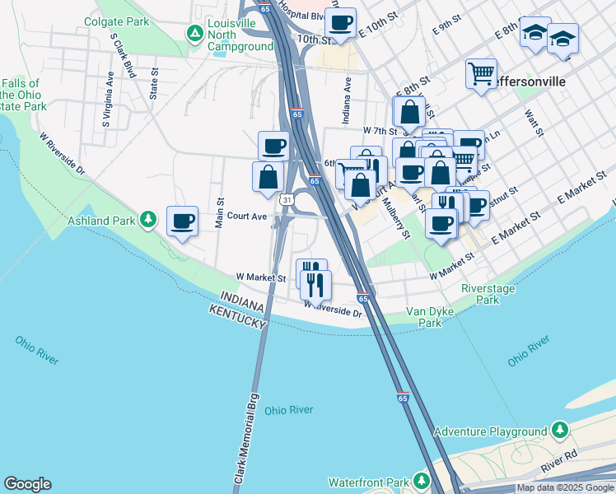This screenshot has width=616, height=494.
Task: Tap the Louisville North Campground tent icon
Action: click(x=194, y=34)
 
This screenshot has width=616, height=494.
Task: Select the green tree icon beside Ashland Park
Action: click(x=147, y=219)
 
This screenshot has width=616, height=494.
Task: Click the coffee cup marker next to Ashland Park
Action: click(x=182, y=221)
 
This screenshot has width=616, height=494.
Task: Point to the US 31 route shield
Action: click(x=285, y=200)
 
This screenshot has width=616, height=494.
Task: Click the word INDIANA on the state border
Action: click(x=241, y=301)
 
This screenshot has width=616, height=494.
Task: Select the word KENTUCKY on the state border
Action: click(x=238, y=315)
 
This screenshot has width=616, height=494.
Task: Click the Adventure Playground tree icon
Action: click(x=560, y=431)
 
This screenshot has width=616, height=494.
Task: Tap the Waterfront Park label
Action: click(x=369, y=482)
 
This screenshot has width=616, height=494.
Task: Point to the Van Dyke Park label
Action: click(x=425, y=318)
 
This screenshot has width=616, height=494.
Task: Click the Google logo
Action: click(x=27, y=484)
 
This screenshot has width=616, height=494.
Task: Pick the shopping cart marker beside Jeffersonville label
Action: click(x=481, y=73)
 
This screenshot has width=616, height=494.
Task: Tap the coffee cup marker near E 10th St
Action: click(x=340, y=22)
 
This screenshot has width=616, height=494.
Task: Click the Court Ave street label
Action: click(x=247, y=217)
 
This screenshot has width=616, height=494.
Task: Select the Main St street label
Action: click(x=220, y=212)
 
